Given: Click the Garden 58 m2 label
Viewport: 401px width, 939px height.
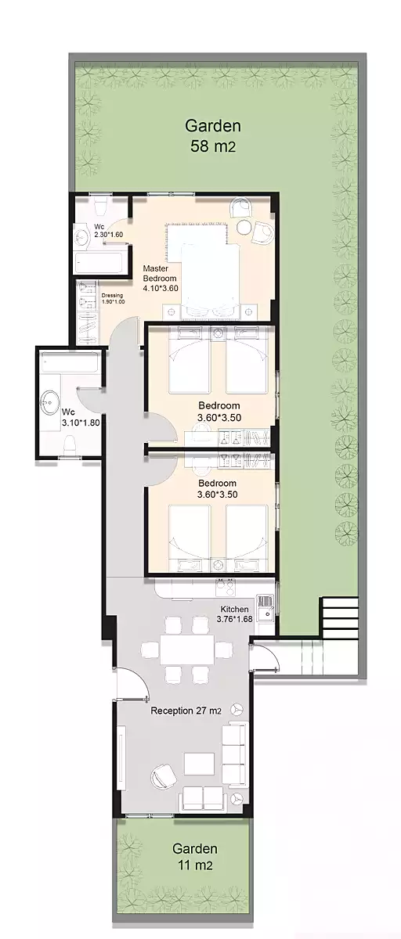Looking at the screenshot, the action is [x=213, y=135].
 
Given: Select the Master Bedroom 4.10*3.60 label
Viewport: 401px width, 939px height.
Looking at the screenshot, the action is [x=160, y=278].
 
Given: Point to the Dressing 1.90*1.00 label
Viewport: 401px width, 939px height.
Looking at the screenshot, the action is [x=113, y=298].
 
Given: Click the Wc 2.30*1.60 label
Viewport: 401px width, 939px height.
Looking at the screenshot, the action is [x=108, y=231].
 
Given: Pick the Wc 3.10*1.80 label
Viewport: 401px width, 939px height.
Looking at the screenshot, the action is [x=81, y=417].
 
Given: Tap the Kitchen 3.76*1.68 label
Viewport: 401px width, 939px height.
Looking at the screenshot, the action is [x=234, y=613].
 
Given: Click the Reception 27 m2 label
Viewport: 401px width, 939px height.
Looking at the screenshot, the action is [x=186, y=711].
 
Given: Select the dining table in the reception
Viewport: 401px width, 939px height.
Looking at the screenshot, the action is [x=186, y=649].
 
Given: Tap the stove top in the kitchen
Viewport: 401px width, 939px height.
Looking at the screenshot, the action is [x=226, y=588].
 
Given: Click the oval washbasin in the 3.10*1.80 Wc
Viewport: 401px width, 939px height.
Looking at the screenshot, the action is [x=50, y=403].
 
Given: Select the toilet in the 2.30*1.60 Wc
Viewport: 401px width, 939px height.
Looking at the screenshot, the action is [x=101, y=205].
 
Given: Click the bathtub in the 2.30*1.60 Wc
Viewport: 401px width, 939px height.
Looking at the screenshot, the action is [x=99, y=262].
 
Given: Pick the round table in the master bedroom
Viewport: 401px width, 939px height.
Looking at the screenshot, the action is [x=244, y=227].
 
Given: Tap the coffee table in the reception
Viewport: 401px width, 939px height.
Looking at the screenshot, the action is [x=199, y=764].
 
